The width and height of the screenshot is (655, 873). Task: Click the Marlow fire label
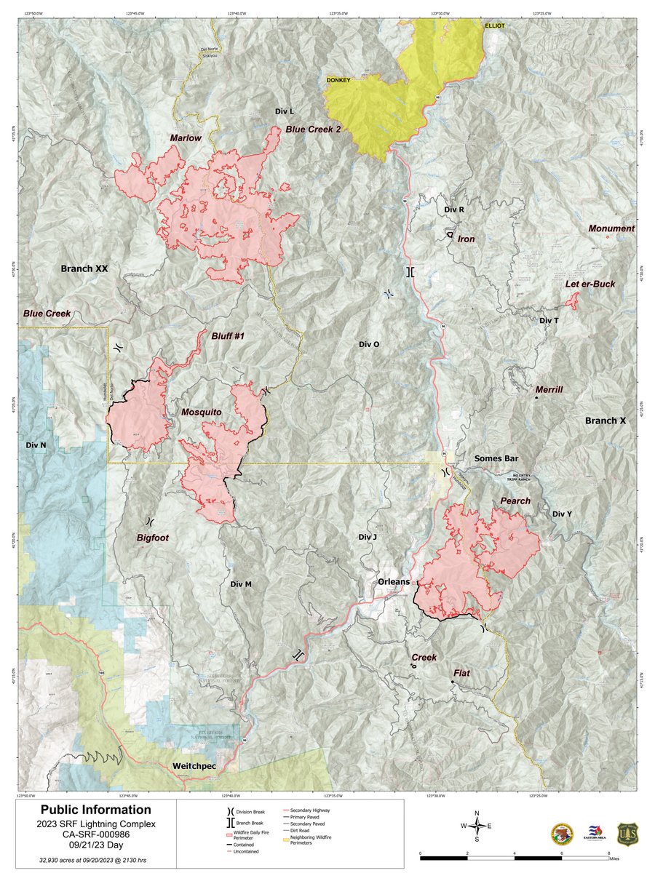click(x=186, y=137)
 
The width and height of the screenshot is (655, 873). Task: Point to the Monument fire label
click(x=611, y=228)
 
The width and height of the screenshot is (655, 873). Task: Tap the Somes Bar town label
click(x=497, y=458)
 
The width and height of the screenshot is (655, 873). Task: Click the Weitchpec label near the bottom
click(x=196, y=767)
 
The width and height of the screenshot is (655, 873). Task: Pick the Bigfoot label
click(x=156, y=538)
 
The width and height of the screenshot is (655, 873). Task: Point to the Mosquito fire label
click(x=201, y=412)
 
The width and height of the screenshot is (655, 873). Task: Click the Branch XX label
click(x=84, y=268)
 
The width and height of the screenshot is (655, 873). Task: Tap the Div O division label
click(x=369, y=344)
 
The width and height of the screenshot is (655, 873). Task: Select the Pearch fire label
click(x=515, y=501)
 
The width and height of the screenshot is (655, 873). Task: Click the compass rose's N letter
click(x=477, y=813)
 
